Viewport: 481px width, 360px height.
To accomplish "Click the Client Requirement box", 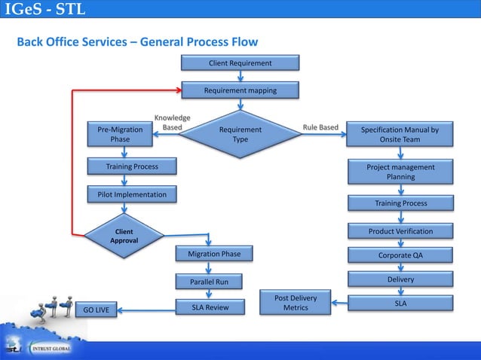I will click(x=240, y=63).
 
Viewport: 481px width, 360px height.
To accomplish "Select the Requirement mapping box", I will click(x=240, y=90).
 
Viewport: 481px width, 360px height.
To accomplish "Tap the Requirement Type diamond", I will click(x=240, y=135).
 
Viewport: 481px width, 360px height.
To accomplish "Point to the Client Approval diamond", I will click(x=123, y=236).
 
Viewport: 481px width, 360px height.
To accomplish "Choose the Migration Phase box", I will click(x=214, y=255).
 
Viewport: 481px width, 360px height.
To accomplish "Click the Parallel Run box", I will click(x=214, y=282).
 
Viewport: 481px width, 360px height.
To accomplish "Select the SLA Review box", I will click(x=214, y=307).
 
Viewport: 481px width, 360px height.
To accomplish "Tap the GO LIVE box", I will click(x=96, y=310).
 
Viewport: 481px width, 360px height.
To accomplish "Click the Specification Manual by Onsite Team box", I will click(x=400, y=135).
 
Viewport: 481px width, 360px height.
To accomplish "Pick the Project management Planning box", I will click(x=400, y=172).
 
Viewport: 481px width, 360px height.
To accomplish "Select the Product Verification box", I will click(x=400, y=230).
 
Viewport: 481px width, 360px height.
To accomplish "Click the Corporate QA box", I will click(x=400, y=255).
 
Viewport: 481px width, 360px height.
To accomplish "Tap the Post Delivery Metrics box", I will click(x=296, y=303).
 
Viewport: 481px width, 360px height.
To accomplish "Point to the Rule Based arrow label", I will click(x=320, y=127).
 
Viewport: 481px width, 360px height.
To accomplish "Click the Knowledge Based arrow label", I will click(x=172, y=123).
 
